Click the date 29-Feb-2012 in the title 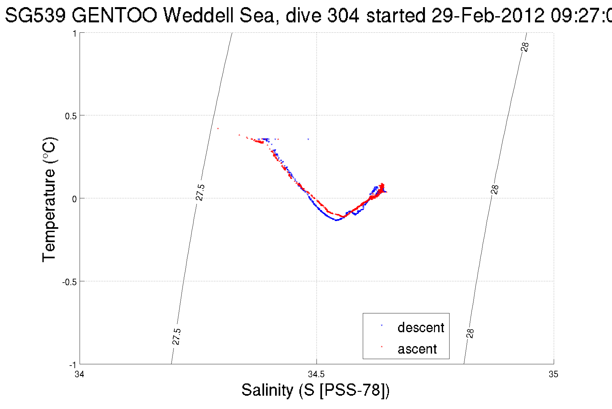(x=488, y=15)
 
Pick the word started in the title (x=395, y=15)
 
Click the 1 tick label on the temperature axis (x=74, y=34)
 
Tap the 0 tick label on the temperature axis (x=74, y=199)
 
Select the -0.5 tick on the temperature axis (x=69, y=282)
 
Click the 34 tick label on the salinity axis (x=79, y=374)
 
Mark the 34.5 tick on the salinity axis (x=316, y=374)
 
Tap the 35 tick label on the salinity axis (x=553, y=374)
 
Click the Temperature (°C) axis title (x=50, y=200)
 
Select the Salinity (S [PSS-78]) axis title (x=315, y=390)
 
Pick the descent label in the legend (x=420, y=328)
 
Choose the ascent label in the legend (x=417, y=349)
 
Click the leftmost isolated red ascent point (x=218, y=128)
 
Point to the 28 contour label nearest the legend (x=470, y=333)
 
